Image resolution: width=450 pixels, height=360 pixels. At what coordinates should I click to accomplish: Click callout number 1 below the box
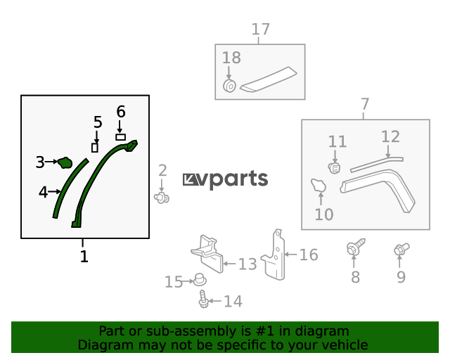click(84, 257)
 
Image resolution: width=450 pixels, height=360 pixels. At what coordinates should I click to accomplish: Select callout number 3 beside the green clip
click(40, 162)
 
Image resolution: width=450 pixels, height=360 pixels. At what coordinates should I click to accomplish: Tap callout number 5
click(98, 123)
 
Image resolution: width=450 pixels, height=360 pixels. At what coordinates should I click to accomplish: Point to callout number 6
click(121, 112)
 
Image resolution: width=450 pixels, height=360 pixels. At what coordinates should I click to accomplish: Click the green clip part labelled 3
click(65, 163)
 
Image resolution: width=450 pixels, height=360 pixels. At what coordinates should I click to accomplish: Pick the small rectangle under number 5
click(95, 148)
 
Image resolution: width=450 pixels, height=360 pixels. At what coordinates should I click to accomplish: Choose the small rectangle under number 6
click(120, 137)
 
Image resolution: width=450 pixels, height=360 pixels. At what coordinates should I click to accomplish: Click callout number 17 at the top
click(260, 30)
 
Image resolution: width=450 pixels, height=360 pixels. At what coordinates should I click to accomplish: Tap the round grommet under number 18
click(229, 86)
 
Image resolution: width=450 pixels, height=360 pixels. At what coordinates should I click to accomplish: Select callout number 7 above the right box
click(364, 105)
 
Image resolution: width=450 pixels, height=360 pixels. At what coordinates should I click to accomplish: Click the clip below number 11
click(335, 168)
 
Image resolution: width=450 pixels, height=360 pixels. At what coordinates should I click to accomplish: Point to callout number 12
click(390, 136)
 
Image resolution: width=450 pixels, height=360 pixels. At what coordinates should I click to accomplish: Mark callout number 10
click(323, 214)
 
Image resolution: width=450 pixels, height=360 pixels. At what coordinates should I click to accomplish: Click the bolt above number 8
click(354, 248)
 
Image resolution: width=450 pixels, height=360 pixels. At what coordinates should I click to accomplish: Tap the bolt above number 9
click(401, 248)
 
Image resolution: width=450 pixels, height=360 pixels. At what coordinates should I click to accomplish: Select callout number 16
click(309, 255)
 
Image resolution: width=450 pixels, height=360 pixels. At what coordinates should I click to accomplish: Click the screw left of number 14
click(204, 299)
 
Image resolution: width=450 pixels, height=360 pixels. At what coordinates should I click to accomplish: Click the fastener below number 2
click(163, 198)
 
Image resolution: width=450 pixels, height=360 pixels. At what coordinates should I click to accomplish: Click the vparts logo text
click(226, 179)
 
